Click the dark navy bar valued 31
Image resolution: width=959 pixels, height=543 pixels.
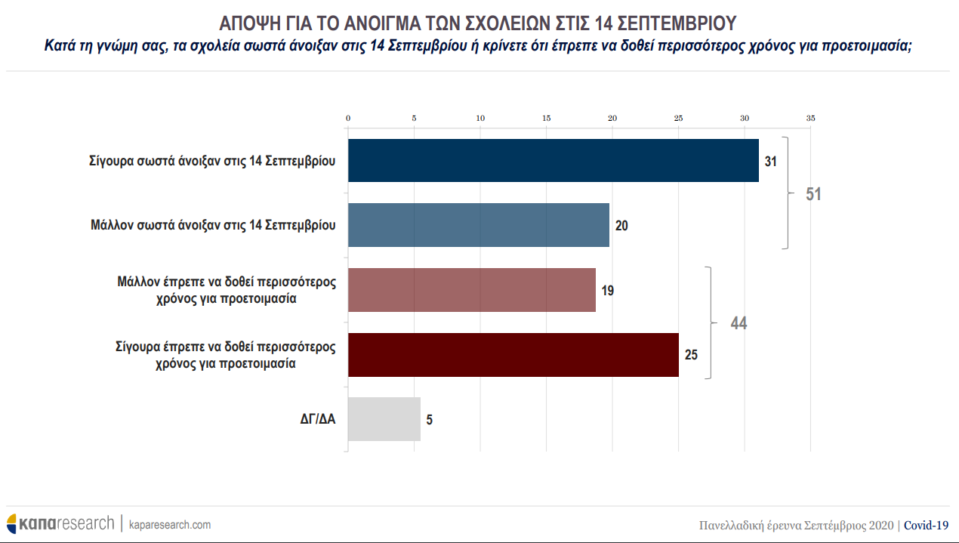tap(553, 160)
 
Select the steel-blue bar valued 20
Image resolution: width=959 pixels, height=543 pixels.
tap(478, 225)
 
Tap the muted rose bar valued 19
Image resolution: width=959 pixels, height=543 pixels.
tap(471, 290)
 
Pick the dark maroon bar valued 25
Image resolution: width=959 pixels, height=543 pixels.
tap(513, 355)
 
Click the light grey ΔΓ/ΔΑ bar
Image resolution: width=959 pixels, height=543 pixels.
tap(384, 419)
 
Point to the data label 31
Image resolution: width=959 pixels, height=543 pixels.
tap(770, 161)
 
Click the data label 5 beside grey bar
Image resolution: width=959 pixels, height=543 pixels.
tap(430, 420)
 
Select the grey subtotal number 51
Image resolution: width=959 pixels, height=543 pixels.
tap(813, 194)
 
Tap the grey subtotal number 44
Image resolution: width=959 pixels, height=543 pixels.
tap(739, 323)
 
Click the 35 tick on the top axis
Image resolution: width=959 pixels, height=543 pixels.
tap(810, 119)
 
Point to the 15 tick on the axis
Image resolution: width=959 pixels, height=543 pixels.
tap(546, 119)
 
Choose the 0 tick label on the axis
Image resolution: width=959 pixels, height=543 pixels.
tap(348, 119)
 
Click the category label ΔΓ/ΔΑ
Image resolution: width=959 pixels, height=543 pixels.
tap(317, 420)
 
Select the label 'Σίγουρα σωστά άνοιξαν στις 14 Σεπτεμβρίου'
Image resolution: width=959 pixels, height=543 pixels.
tap(212, 161)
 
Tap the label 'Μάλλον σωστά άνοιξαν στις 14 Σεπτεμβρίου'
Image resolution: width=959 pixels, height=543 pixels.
tap(212, 225)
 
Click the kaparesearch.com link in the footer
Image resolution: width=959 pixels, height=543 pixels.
tap(170, 524)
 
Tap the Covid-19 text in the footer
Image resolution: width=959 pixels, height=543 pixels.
tap(926, 525)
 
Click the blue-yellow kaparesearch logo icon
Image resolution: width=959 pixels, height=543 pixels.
tap(12, 523)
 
